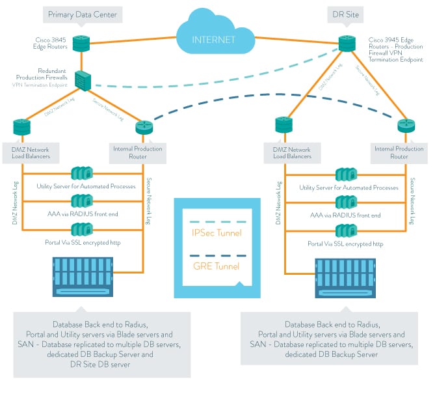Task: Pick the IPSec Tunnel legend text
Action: click(217, 232)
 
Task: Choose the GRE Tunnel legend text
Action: click(217, 266)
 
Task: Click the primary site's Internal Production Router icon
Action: click(144, 127)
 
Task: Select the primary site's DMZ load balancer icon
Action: click(21, 127)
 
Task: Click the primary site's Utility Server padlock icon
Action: click(82, 174)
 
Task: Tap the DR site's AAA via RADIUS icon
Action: click(345, 202)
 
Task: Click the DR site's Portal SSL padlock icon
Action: click(345, 230)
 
